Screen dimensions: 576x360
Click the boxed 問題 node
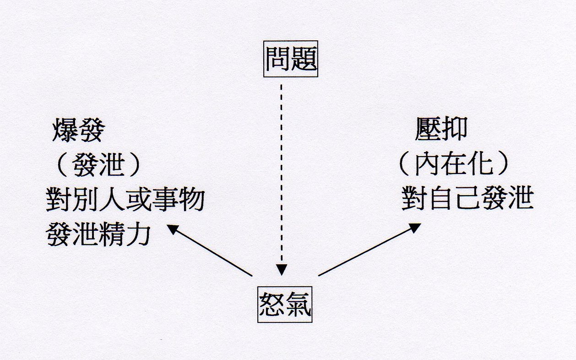(x=291, y=59)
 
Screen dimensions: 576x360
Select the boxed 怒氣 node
(x=285, y=305)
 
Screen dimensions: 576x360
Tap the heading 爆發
(x=79, y=130)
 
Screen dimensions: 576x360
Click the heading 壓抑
(x=441, y=129)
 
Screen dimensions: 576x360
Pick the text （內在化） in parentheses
(x=454, y=164)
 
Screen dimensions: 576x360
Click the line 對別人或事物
(x=125, y=199)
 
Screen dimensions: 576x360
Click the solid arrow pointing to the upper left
(x=210, y=251)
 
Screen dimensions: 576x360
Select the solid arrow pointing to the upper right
(x=370, y=250)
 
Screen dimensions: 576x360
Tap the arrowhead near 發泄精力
(x=173, y=229)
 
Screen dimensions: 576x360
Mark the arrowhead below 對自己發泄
(x=415, y=228)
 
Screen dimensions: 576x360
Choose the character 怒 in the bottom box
(x=272, y=305)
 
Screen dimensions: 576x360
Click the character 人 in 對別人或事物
(x=112, y=199)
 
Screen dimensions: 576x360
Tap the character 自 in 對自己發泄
(x=441, y=198)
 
